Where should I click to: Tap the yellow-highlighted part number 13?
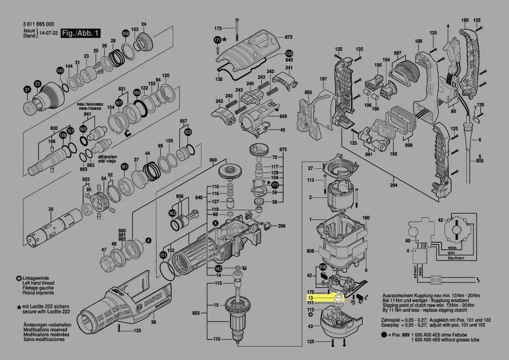[x=310, y=297]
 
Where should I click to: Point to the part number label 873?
[x=289, y=37]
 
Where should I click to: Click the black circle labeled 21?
[x=27, y=90]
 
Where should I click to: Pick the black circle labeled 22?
[x=37, y=84]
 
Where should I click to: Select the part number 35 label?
[x=51, y=210]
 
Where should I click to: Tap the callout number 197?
[x=323, y=79]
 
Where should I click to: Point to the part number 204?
[x=393, y=185]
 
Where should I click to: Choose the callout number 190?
[x=465, y=20]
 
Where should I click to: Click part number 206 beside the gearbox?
[x=282, y=226]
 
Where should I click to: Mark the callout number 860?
[x=213, y=161]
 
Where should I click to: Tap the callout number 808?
[x=310, y=251]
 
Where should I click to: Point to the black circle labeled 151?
[x=163, y=255]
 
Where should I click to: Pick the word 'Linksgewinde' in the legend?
[x=37, y=278]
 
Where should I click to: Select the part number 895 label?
[x=308, y=92]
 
